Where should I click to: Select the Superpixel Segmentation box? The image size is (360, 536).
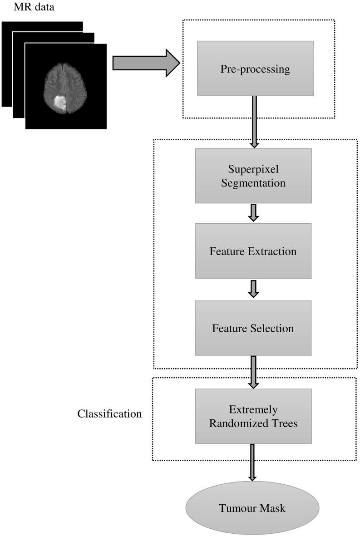(x=253, y=176)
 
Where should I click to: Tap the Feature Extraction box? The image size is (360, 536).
(x=253, y=251)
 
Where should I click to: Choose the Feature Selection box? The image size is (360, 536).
(x=253, y=328)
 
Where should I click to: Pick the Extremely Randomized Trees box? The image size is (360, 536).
(x=253, y=416)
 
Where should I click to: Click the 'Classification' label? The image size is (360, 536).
(x=109, y=414)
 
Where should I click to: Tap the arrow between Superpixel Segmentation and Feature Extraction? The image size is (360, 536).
(x=254, y=212)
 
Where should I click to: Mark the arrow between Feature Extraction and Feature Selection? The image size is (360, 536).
(x=254, y=289)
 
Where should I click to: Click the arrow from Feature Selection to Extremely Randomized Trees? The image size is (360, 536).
(x=254, y=372)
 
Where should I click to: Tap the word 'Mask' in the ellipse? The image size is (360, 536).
(x=271, y=508)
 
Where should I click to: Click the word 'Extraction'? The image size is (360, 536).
(x=276, y=251)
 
